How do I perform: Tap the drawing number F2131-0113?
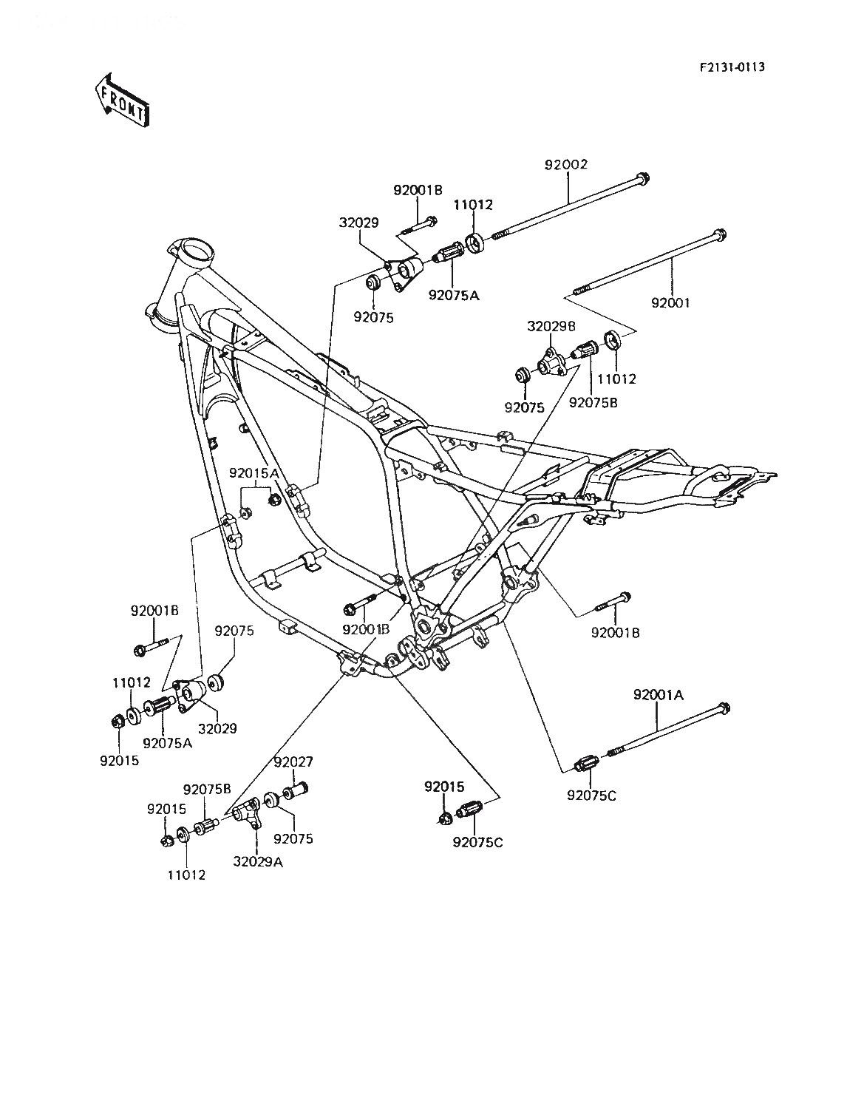click(732, 67)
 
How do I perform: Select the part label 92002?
click(566, 165)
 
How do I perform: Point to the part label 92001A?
click(659, 696)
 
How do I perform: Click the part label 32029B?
click(551, 326)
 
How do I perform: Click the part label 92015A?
click(254, 473)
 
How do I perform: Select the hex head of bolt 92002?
click(642, 178)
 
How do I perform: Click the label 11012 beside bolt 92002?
click(473, 205)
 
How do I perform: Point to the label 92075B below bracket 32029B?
click(593, 403)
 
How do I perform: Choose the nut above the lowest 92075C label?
click(445, 817)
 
